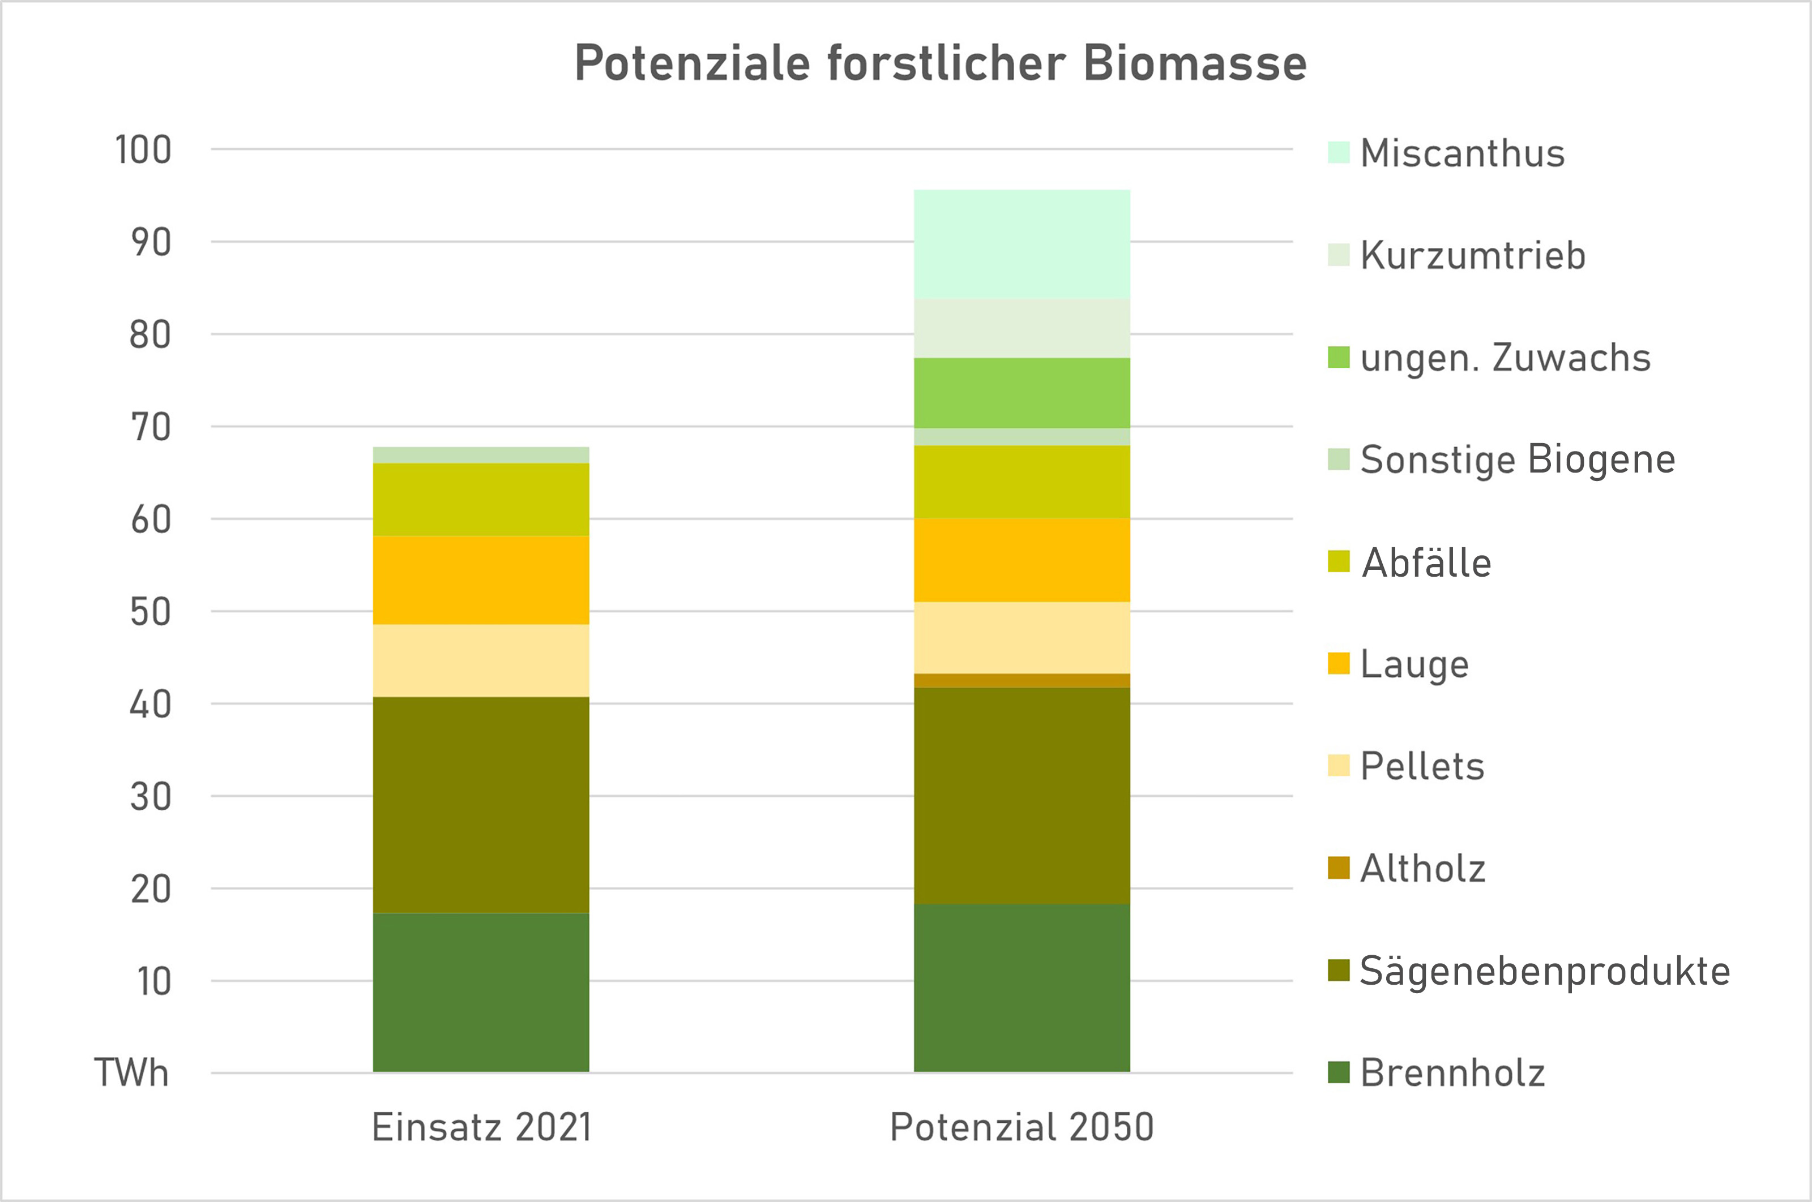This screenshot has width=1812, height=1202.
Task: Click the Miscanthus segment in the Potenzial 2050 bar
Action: click(x=1022, y=244)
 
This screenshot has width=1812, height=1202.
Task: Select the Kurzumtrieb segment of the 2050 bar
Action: click(x=1022, y=328)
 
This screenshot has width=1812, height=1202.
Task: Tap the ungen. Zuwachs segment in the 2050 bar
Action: click(x=1022, y=393)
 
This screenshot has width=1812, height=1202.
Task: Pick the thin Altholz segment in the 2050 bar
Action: click(x=1022, y=681)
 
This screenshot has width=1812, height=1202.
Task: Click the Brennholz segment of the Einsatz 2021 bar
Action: click(x=481, y=992)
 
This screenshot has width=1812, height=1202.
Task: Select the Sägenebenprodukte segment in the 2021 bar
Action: click(x=481, y=805)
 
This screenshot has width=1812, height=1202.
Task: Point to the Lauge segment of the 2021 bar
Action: click(x=481, y=579)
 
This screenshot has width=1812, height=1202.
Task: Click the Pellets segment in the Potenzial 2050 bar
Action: click(x=1022, y=638)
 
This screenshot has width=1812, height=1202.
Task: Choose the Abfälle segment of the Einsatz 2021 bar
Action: click(x=481, y=499)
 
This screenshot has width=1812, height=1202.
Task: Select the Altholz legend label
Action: click(x=1422, y=869)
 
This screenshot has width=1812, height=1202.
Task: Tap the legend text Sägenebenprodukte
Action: click(x=1544, y=971)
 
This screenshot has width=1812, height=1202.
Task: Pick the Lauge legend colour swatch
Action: click(x=1338, y=664)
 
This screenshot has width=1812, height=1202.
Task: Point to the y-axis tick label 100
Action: click(x=143, y=151)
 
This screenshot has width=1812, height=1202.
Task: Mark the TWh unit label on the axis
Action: click(x=131, y=1072)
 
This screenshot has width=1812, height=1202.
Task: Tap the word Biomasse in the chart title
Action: click(x=1195, y=63)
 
